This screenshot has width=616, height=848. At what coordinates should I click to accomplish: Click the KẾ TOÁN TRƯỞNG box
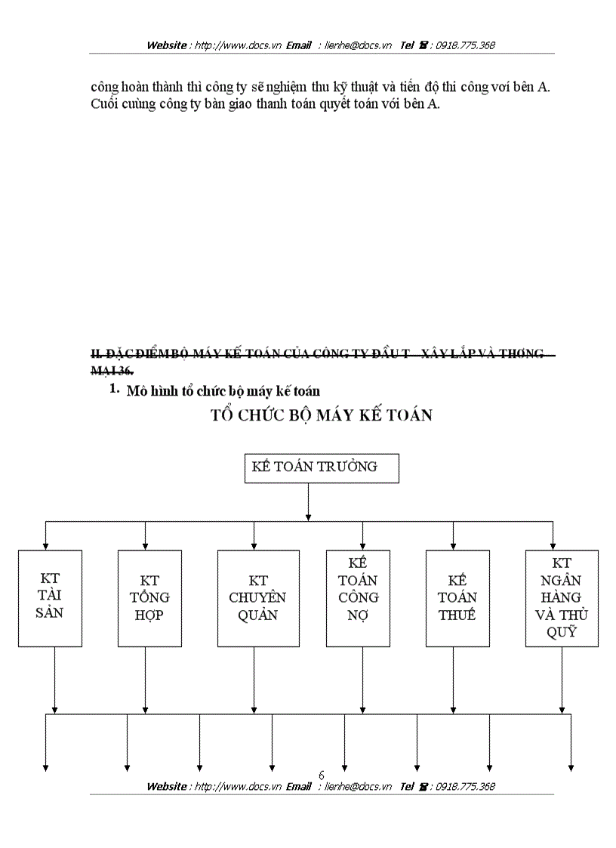pyautogui.click(x=322, y=468)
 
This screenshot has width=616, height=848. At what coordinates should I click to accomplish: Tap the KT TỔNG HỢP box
pyautogui.click(x=149, y=598)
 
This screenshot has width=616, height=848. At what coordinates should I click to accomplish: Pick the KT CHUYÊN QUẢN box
pyautogui.click(x=258, y=598)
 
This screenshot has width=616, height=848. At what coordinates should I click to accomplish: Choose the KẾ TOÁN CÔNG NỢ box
pyautogui.click(x=358, y=598)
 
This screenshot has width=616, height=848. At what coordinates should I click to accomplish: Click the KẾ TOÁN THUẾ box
pyautogui.click(x=457, y=598)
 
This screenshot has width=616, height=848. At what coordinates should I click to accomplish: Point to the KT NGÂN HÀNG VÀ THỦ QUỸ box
pyautogui.click(x=562, y=598)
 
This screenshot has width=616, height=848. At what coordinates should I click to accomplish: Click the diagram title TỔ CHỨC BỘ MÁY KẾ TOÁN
pyautogui.click(x=322, y=415)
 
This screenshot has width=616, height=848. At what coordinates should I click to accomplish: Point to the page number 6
pyautogui.click(x=322, y=775)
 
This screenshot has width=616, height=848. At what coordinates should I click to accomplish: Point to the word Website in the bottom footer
pyautogui.click(x=166, y=786)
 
